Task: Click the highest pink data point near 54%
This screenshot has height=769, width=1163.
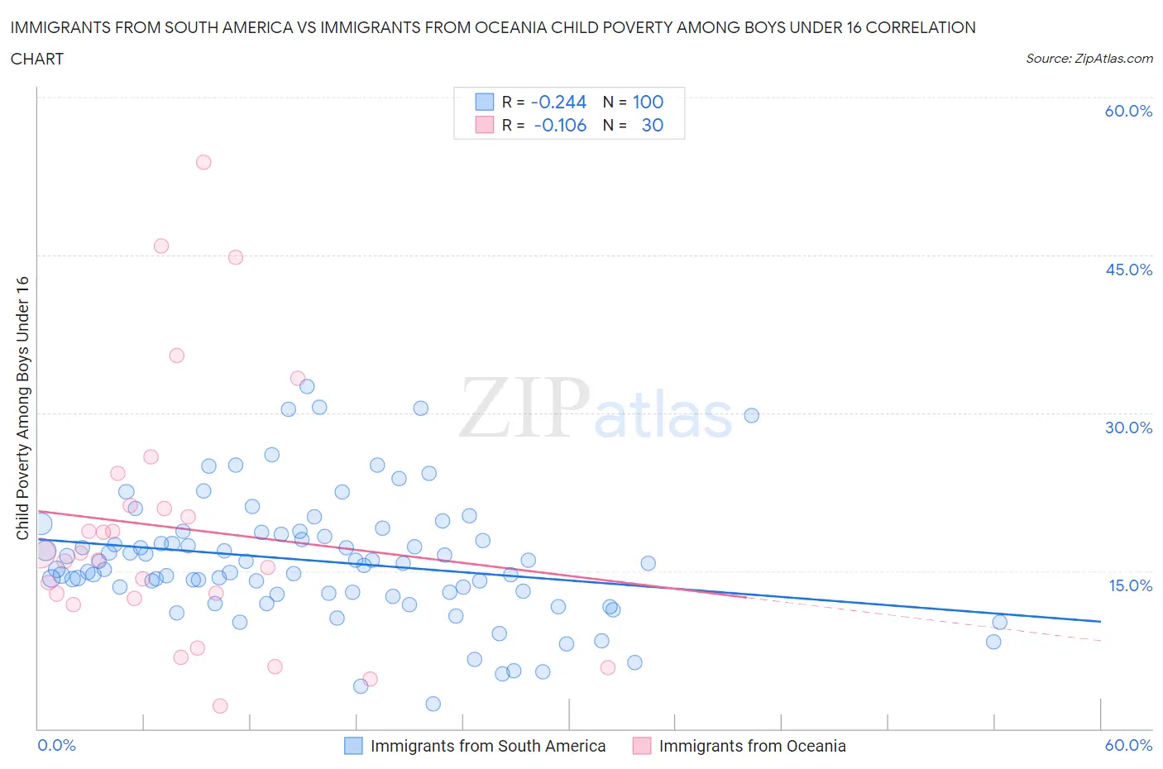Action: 203,162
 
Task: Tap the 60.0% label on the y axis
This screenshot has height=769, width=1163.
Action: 1128,111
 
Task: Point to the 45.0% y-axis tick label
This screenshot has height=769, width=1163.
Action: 1128,270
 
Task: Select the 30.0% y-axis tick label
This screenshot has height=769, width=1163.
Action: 1128,427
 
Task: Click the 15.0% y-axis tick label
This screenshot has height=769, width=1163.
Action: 1128,585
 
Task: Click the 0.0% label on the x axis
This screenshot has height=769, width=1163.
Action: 57,745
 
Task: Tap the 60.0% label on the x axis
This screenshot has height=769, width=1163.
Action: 1128,745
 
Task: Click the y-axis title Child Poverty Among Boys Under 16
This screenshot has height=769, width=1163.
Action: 23,408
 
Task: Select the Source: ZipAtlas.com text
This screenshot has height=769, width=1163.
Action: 1089,59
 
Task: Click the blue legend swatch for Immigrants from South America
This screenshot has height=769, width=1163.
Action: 353,746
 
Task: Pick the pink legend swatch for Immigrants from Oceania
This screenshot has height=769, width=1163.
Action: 642,746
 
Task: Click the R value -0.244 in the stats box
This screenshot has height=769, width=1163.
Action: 558,102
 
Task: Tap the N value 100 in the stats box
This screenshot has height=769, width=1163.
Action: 648,102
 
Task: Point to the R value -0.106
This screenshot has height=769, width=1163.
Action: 560,125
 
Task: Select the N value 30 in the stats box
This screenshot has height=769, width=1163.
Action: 652,125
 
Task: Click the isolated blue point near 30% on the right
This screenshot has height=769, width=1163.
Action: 751,415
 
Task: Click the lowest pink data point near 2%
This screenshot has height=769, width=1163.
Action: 220,705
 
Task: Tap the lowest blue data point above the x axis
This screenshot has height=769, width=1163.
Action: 433,704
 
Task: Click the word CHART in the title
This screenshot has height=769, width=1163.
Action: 37,59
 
